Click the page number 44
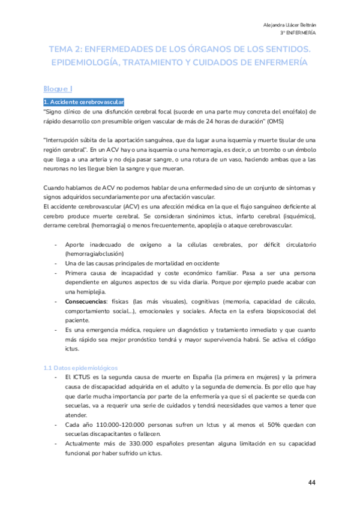(311, 483)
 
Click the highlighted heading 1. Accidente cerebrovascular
(83, 102)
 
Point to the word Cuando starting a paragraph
(56, 188)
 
